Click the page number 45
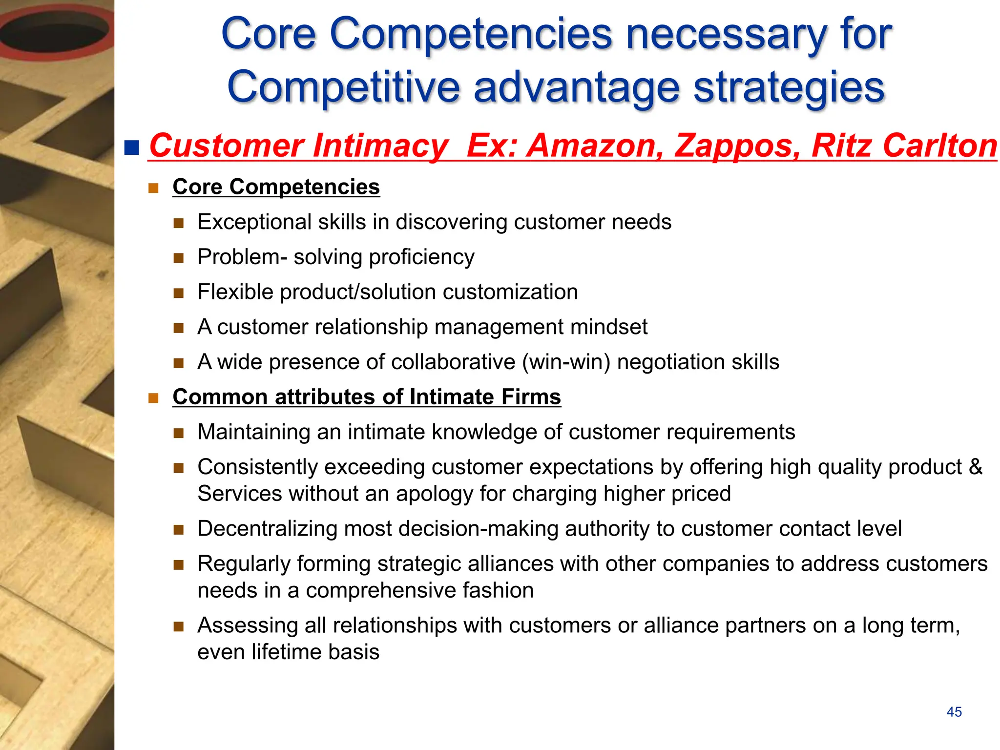pos(954,712)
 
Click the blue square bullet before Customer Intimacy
pos(132,147)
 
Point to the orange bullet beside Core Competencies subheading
pos(154,188)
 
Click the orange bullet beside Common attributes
pos(154,398)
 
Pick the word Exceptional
pos(254,222)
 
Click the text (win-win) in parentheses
pos(566,362)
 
